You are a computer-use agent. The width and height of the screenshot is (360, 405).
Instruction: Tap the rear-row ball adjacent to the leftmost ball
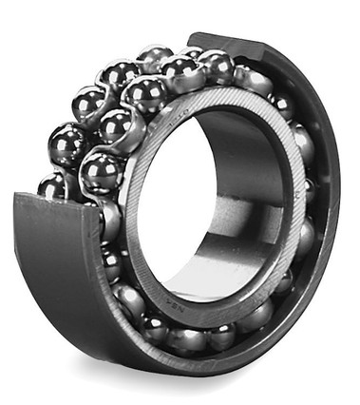pyautogui.click(x=68, y=145)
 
